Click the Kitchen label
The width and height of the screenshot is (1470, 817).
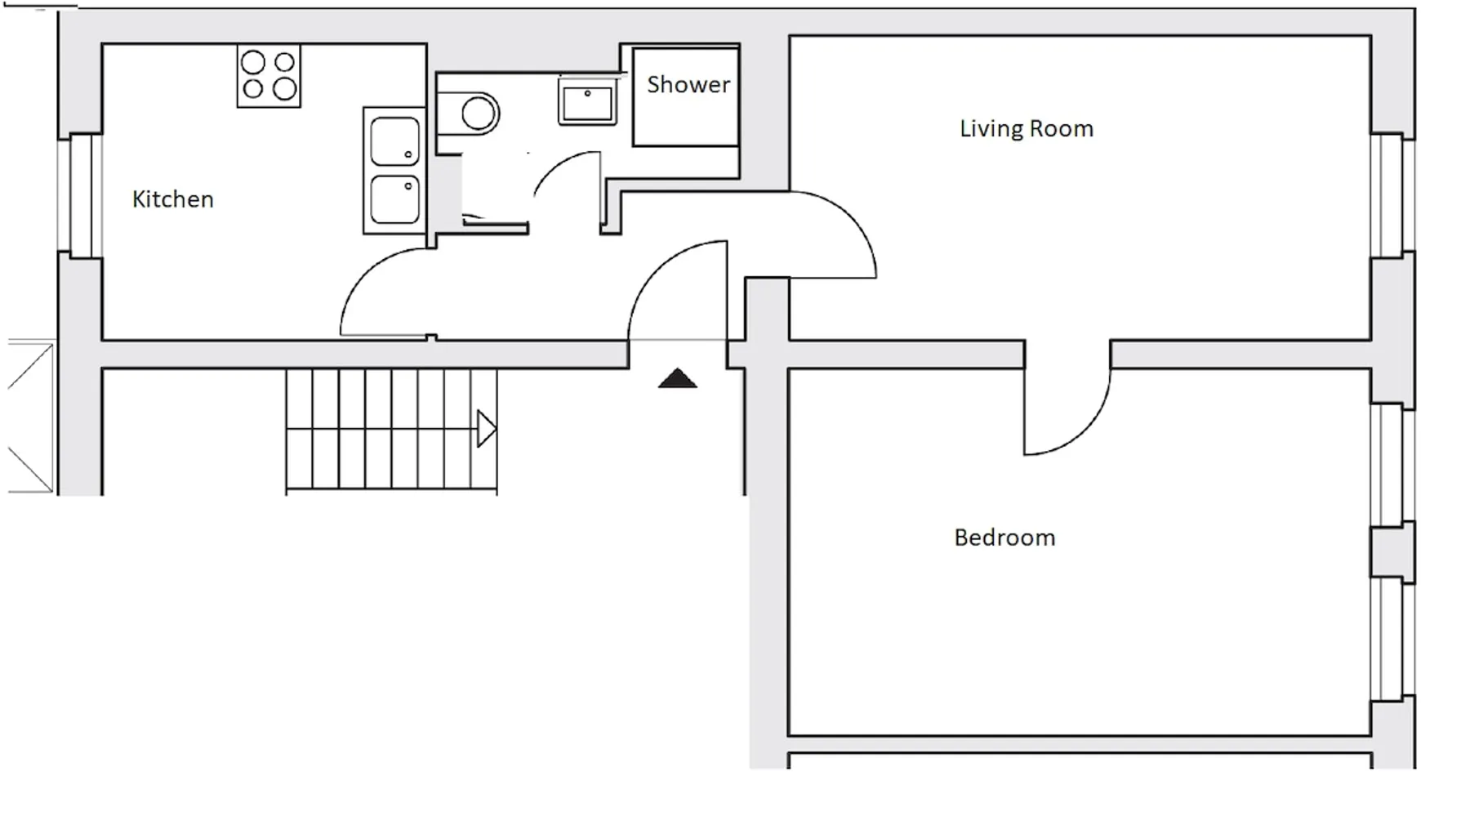[172, 199]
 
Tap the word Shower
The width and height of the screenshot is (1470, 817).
[688, 84]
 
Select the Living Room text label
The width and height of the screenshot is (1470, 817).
[1027, 128]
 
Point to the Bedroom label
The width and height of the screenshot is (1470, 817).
[1004, 538]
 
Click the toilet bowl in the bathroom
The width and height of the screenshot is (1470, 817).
[478, 113]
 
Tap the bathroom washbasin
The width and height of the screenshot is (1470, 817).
[587, 102]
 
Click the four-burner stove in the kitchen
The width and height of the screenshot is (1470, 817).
[269, 76]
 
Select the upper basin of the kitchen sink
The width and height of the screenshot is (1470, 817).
[394, 141]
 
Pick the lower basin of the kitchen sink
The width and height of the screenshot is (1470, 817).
[394, 199]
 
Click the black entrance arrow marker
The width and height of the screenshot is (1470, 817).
[678, 378]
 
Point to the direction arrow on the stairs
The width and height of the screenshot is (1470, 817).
[487, 429]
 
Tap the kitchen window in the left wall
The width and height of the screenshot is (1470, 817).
[80, 195]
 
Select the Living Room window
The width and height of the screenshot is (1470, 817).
[1392, 196]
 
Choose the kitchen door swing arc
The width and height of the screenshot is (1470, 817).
[359, 278]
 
